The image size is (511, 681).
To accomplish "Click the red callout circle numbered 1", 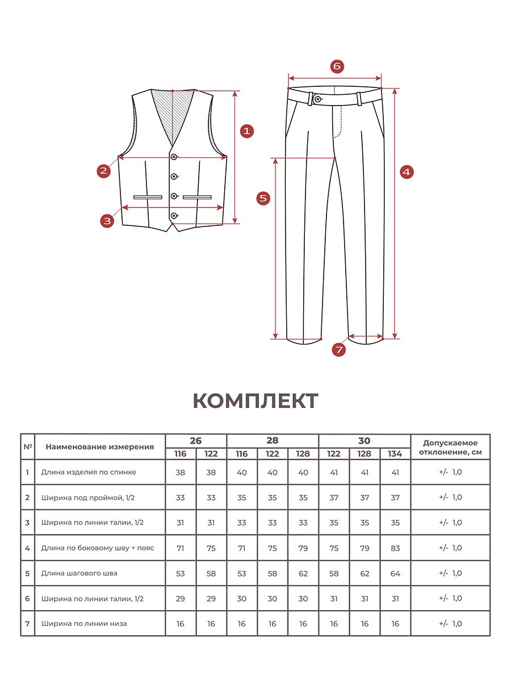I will pos(246,131).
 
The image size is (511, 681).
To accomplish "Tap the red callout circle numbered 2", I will pos(103,170).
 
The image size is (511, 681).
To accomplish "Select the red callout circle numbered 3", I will pos(107,221).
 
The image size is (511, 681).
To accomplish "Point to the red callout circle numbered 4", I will pos(407,171).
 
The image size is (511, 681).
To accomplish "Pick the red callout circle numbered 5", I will pos(262,198).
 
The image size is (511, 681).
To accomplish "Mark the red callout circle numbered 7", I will pos(339,350).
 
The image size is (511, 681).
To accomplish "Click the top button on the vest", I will pos(174,157).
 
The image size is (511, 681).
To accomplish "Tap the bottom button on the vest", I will pos(174,216).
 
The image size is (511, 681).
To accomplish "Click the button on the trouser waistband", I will pos(317,99).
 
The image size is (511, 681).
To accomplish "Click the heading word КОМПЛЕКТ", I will pos(256,401).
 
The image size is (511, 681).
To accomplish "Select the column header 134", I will pos(395,454).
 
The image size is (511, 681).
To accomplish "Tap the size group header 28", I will pos(273,441).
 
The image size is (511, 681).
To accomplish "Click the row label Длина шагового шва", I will pos(79,573).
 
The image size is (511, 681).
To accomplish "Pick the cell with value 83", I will pos(395,548).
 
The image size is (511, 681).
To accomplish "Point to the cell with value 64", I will pos(395,573).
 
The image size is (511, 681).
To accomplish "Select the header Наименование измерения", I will pos(99,447).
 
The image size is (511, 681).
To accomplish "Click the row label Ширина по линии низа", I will pos(83,624).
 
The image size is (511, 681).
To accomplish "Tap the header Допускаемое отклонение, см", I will pos(450,447).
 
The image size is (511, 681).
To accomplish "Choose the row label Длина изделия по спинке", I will pos(88,472).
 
